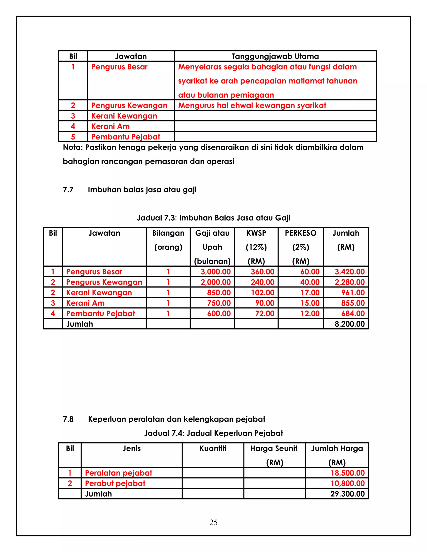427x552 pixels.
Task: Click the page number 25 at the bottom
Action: [213, 522]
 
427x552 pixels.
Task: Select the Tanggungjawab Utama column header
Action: [275, 56]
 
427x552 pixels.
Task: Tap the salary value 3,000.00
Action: [216, 272]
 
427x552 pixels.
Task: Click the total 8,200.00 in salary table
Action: [350, 324]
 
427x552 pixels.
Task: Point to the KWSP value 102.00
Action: [262, 293]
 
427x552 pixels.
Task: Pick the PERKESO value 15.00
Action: [310, 303]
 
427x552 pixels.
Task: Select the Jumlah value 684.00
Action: [353, 314]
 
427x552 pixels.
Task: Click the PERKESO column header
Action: [300, 233]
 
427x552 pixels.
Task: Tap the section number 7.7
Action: [68, 190]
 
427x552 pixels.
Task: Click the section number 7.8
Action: [68, 419]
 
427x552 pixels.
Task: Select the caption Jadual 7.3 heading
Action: [213, 218]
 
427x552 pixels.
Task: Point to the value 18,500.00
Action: [348, 473]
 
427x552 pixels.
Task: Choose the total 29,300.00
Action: [347, 494]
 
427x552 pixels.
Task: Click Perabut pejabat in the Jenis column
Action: [115, 483]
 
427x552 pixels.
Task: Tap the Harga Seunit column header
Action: [274, 449]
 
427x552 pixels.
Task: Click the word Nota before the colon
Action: [72, 147]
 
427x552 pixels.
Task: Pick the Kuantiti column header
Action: [213, 449]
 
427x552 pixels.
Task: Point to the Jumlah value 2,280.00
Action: [350, 282]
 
